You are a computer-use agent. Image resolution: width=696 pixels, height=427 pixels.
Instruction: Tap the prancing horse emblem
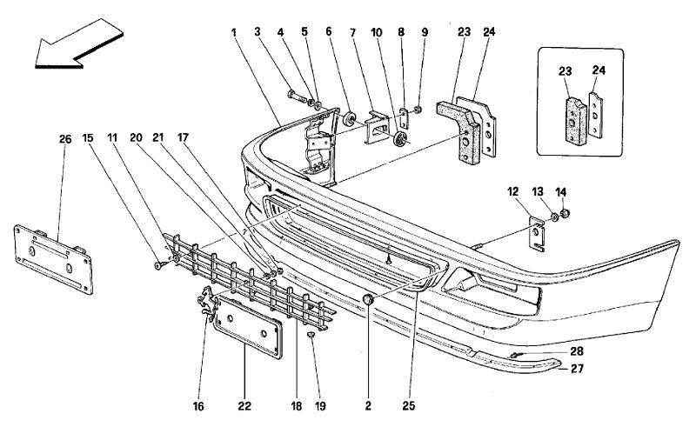pos(208,304)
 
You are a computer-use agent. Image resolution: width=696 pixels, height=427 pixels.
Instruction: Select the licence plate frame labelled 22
pos(248,328)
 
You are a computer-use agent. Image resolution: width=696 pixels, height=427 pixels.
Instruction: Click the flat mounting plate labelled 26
pos(53,260)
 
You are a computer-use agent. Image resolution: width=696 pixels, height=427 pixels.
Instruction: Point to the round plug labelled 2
pos(368,300)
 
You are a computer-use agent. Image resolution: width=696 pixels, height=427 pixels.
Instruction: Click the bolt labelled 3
pos(296,96)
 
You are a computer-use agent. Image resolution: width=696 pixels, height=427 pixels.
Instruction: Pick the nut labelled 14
pos(565,214)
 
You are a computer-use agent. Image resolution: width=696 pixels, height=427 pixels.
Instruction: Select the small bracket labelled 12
pos(537,234)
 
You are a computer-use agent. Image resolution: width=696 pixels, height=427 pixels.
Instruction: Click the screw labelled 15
pos(159,265)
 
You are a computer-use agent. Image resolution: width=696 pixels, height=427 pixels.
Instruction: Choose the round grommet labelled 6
pos(351,119)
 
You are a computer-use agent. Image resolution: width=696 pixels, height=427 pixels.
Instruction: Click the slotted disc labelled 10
pos(400,139)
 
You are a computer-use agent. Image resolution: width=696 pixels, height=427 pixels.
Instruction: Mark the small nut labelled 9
pos(418,110)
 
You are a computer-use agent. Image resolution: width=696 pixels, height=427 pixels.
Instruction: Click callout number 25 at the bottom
pos(408,406)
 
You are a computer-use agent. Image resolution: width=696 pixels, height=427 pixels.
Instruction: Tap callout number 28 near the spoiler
pos(577,351)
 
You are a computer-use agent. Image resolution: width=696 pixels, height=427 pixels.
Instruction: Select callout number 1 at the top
pos(234,32)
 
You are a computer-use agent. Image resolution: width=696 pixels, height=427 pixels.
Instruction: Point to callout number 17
pos(183,138)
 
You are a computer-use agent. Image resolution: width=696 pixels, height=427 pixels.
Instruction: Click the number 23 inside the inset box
pos(565,71)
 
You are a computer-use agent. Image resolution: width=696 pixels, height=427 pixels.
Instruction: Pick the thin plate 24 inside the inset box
pos(596,116)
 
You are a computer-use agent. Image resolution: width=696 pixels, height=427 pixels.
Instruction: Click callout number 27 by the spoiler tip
pos(577,369)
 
